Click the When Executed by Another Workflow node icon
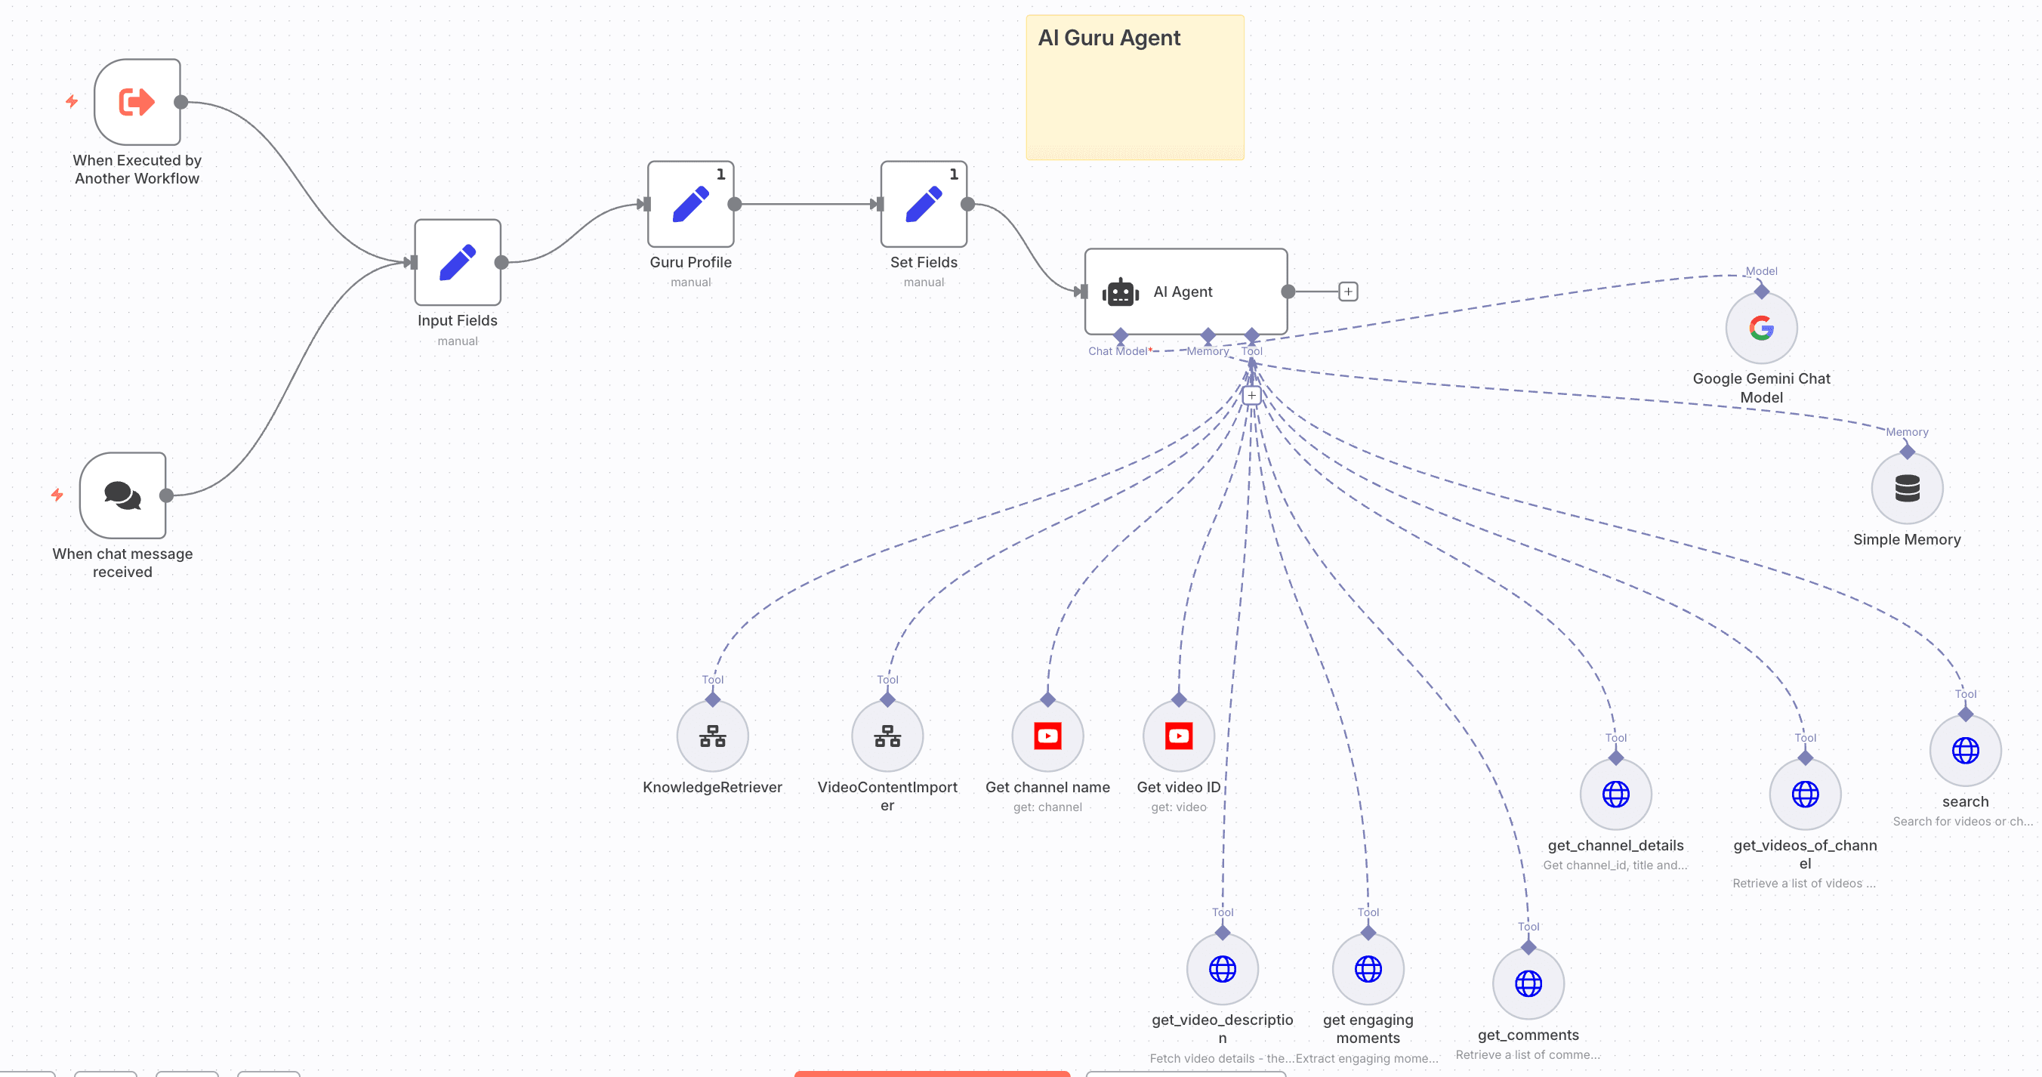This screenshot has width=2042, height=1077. (x=137, y=101)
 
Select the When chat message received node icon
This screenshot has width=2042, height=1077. (x=123, y=495)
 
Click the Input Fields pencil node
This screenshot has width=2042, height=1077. (x=458, y=263)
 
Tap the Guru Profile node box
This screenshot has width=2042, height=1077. (x=690, y=205)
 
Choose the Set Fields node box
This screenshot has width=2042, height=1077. (x=924, y=205)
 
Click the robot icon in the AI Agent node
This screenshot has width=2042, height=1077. (x=1120, y=292)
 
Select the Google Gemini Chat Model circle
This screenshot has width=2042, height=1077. (x=1760, y=329)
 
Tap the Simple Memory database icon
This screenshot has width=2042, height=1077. (x=1907, y=489)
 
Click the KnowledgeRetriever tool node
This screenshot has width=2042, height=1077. (x=712, y=736)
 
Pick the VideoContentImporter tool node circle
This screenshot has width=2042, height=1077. (x=887, y=736)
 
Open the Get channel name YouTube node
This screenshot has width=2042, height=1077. (x=1047, y=736)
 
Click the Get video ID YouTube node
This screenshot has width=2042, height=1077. (x=1178, y=736)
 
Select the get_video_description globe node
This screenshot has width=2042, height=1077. (x=1222, y=969)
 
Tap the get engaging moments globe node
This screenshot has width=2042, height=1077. (x=1368, y=969)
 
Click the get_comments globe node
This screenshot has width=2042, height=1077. (x=1528, y=983)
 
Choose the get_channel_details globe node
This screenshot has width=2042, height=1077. (x=1615, y=794)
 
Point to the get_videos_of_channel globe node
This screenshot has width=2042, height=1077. (x=1804, y=794)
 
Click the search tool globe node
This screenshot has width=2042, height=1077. (x=1964, y=750)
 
